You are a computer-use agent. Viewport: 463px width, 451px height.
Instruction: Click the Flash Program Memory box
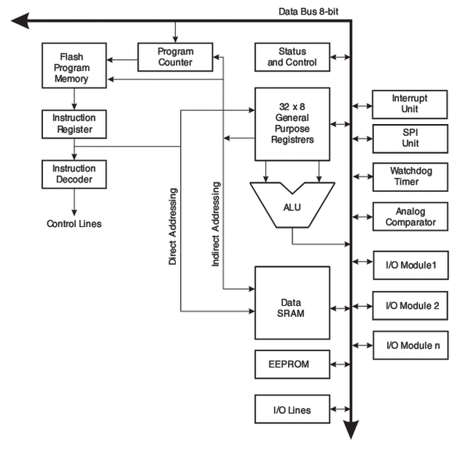coord(74,66)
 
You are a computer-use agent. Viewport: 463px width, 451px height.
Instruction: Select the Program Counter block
coord(175,57)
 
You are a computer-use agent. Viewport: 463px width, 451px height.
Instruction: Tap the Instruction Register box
coord(74,124)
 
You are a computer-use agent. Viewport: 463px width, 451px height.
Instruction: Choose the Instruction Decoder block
coord(74,174)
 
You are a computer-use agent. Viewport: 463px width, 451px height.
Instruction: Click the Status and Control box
coord(292,57)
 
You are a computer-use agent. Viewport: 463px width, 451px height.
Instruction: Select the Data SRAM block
coord(292,303)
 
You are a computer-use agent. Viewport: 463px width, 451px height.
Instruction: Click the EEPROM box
coord(292,364)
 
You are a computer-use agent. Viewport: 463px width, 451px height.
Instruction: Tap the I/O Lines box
coord(292,409)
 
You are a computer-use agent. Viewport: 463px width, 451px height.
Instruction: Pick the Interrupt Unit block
coord(410,104)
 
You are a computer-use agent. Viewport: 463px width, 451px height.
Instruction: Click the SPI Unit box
coord(411,139)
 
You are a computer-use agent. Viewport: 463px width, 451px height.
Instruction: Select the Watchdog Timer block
coord(411,177)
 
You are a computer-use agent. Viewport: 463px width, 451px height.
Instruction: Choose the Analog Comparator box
coord(411,217)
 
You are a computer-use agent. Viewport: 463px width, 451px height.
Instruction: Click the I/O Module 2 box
coord(411,306)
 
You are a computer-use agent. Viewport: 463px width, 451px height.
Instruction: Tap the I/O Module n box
coord(411,345)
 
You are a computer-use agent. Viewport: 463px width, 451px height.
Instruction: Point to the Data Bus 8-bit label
coord(308,12)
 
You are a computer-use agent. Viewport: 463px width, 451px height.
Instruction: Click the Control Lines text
coord(74,224)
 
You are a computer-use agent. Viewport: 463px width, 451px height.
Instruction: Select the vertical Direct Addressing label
coord(173,226)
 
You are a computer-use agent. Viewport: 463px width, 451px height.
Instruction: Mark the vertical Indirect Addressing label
coord(216,224)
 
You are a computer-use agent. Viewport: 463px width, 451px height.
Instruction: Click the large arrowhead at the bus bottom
coord(351,429)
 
